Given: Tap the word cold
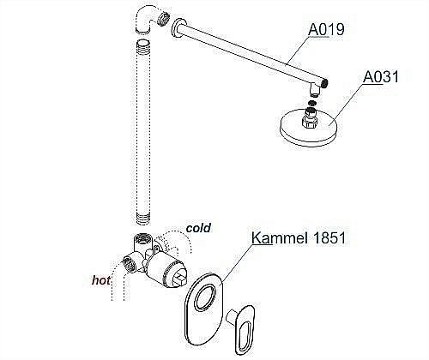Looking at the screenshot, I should [x=197, y=228].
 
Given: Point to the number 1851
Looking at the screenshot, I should [x=325, y=238].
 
